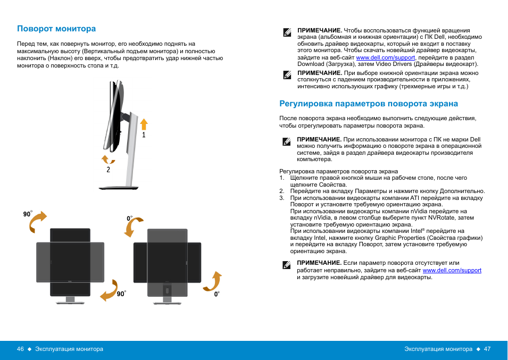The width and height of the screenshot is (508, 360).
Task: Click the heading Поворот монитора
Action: coord(56,29)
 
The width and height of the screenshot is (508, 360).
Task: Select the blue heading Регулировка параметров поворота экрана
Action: coord(369,104)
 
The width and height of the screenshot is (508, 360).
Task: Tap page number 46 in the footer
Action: coord(21,349)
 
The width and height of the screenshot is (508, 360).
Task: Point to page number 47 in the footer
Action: coord(487,349)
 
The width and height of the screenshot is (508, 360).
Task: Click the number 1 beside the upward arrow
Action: coord(144,135)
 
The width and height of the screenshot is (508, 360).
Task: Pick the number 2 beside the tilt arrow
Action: coord(109,170)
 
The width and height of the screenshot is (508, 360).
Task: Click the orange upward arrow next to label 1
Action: coord(144,124)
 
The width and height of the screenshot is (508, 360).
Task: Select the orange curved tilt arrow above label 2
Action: coord(108,159)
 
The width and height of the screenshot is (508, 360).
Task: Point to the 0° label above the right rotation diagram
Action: coord(129,219)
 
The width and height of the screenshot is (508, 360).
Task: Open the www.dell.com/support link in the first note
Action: coord(386,57)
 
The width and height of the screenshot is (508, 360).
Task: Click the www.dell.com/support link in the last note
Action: coord(452,270)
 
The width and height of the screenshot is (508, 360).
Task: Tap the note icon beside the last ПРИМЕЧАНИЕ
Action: coord(286,264)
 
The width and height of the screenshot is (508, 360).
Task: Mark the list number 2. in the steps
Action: coord(282,191)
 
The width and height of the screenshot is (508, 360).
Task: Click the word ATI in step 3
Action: coord(415,198)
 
